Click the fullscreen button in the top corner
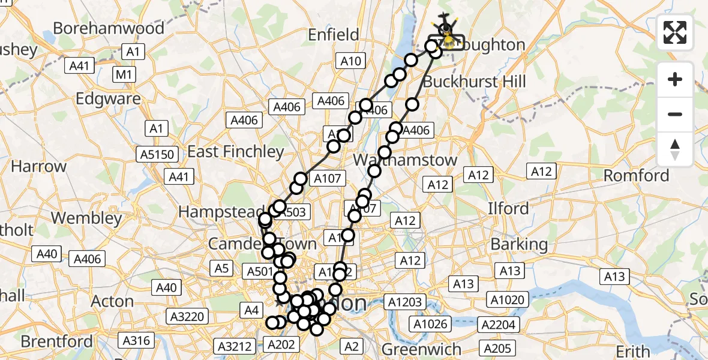click(x=675, y=32)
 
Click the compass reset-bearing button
click(x=675, y=149)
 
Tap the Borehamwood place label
click(x=109, y=28)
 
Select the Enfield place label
click(x=333, y=35)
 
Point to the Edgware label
click(x=109, y=98)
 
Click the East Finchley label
click(x=236, y=151)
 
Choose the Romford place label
click(x=636, y=176)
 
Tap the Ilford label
click(x=508, y=209)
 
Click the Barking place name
click(x=519, y=244)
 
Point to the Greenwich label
click(x=421, y=349)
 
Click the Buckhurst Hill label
click(x=474, y=81)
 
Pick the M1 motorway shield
click(x=125, y=74)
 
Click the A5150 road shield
click(x=158, y=154)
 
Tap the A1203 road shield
click(x=406, y=302)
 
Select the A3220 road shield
click(x=188, y=316)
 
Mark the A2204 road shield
click(x=497, y=325)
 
